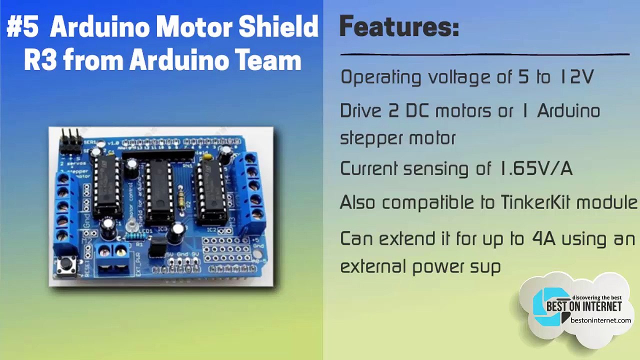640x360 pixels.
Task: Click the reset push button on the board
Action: tap(66, 264)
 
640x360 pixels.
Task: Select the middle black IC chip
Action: tap(160, 191)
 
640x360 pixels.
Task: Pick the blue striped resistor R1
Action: tap(134, 235)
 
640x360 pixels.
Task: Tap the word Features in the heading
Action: tap(399, 26)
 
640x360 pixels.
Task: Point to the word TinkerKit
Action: tap(536, 202)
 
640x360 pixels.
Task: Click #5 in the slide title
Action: tap(22, 27)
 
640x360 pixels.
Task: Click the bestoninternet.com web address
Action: tap(600, 320)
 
